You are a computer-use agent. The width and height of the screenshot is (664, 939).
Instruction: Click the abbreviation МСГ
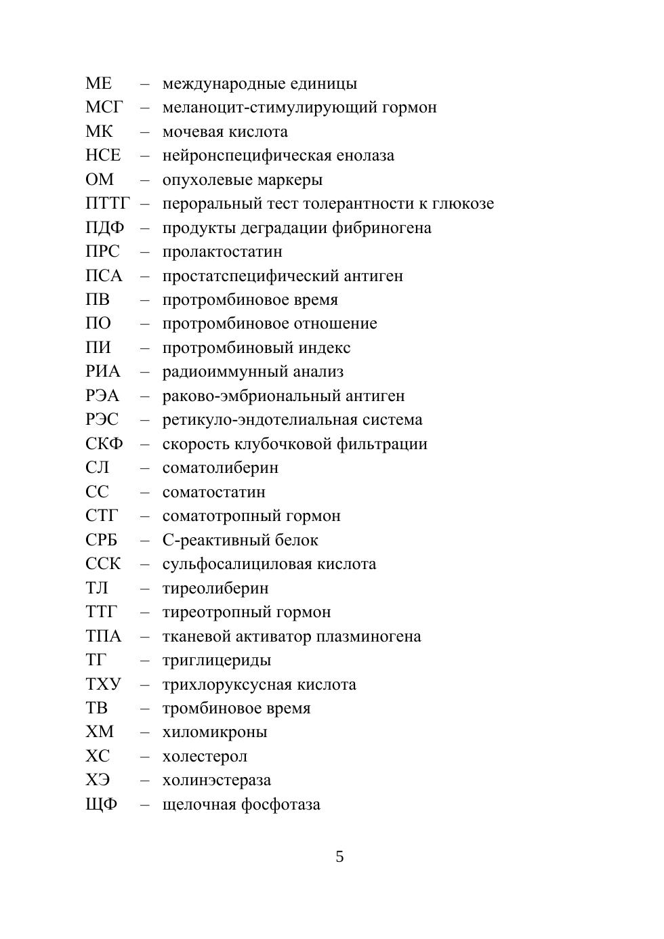click(104, 108)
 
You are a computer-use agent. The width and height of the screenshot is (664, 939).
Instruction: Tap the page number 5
click(339, 857)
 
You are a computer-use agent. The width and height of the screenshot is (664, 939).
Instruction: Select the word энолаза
click(365, 156)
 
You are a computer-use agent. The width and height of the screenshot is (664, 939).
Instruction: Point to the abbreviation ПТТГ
click(108, 204)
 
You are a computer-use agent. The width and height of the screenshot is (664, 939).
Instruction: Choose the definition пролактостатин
click(222, 252)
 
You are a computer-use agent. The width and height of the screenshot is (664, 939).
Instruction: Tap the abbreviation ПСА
click(104, 276)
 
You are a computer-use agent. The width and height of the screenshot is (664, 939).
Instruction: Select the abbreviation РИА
click(102, 372)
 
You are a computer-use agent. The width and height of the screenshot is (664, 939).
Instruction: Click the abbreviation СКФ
click(104, 444)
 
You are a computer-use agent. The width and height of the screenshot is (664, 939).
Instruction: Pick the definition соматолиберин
click(220, 468)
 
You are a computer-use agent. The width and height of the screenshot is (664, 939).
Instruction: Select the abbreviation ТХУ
click(103, 684)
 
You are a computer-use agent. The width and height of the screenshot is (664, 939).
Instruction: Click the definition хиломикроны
click(215, 732)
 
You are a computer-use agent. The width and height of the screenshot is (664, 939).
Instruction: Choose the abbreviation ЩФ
click(101, 805)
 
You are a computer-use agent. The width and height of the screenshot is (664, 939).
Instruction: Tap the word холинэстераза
click(217, 780)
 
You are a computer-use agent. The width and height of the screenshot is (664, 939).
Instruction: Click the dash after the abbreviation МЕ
click(145, 84)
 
